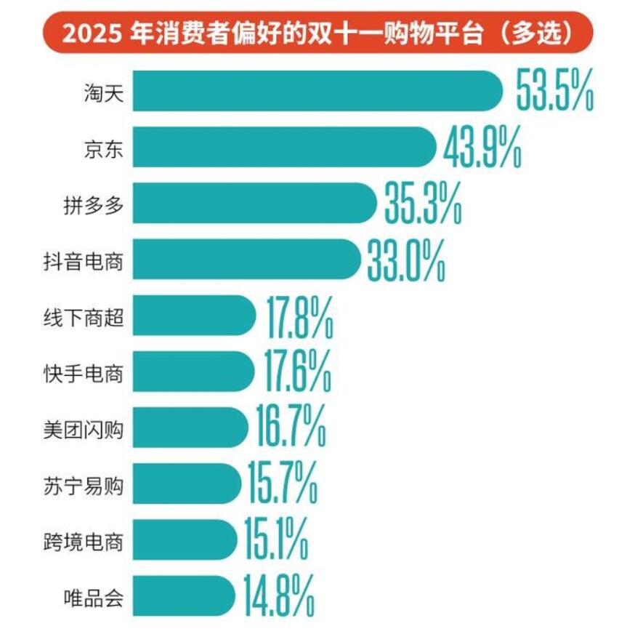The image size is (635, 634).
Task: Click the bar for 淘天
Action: pyautogui.click(x=316, y=91)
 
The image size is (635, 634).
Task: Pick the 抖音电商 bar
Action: pyautogui.click(x=247, y=259)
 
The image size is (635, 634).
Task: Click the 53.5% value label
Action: pyautogui.click(x=554, y=90)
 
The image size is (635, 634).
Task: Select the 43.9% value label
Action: pyautogui.click(x=481, y=146)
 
